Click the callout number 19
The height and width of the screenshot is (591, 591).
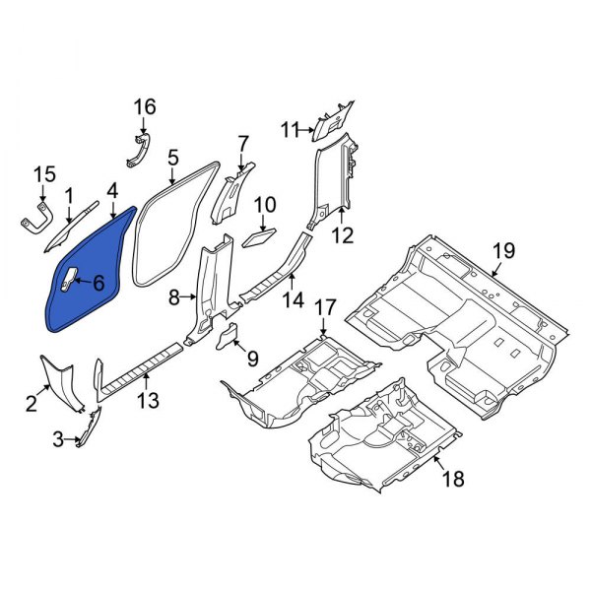(503, 250)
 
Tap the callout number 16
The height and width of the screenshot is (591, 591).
(145, 106)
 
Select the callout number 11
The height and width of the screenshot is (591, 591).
(290, 129)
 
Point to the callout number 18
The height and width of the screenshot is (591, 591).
(453, 479)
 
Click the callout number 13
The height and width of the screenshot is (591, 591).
(147, 399)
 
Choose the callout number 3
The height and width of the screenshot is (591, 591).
(58, 438)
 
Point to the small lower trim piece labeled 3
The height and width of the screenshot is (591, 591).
(88, 429)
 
